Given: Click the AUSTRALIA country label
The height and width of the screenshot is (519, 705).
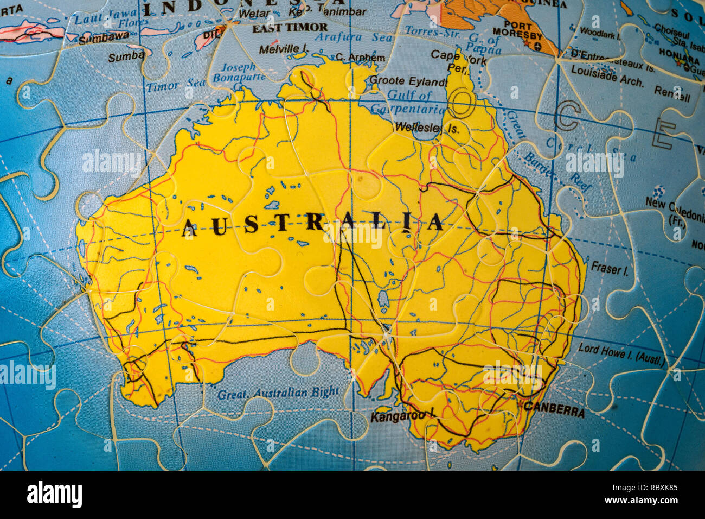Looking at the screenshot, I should (313, 223).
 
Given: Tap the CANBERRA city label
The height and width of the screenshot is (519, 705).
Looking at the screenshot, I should (554, 410).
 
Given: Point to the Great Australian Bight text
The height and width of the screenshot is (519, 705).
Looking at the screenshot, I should (278, 393).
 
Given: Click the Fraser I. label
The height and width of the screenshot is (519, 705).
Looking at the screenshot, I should (610, 268).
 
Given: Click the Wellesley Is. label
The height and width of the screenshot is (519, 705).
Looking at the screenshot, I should (427, 128).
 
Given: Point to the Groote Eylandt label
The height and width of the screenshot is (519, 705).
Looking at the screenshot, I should (407, 81).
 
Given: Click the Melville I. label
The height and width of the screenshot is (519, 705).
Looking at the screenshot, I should (283, 49).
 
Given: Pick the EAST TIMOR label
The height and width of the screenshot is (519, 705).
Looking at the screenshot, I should (290, 27).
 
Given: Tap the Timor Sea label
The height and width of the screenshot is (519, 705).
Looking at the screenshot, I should (176, 85).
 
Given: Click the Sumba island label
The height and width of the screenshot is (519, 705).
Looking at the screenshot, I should (126, 56).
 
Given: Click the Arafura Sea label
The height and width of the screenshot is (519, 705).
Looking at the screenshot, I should (353, 37).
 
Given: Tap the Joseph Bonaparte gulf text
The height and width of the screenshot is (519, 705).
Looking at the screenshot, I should (238, 72).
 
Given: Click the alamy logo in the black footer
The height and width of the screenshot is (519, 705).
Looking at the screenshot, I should (54, 495).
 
